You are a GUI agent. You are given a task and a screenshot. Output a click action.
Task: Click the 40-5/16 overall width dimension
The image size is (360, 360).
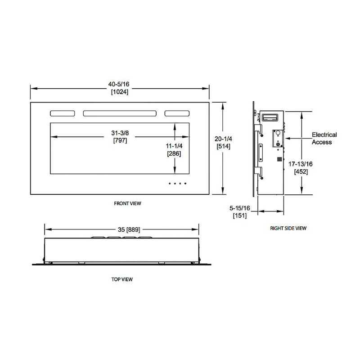(120, 84)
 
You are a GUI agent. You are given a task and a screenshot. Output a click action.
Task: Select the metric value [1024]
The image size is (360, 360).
(120, 92)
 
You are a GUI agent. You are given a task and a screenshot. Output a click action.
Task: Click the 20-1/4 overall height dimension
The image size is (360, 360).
(223, 139)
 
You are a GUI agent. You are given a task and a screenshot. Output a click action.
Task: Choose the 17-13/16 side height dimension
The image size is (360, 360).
(301, 164)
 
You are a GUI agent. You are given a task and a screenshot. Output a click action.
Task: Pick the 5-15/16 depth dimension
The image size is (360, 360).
(239, 208)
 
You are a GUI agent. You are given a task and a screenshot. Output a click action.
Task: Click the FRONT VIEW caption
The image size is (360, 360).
(127, 203)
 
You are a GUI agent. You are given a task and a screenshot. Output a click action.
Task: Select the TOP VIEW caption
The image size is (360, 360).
(122, 279)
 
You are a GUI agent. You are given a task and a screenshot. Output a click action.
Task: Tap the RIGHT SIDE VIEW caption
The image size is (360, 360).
(288, 228)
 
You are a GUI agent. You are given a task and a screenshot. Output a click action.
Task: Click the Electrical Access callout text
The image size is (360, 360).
(324, 138)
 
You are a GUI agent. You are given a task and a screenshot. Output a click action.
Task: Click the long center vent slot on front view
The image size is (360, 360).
(120, 114)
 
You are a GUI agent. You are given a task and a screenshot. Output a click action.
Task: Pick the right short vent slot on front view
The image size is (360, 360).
(177, 114)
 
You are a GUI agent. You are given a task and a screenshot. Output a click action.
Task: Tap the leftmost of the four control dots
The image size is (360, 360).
(170, 184)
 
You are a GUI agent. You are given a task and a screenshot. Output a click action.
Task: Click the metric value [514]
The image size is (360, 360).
(223, 147)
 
